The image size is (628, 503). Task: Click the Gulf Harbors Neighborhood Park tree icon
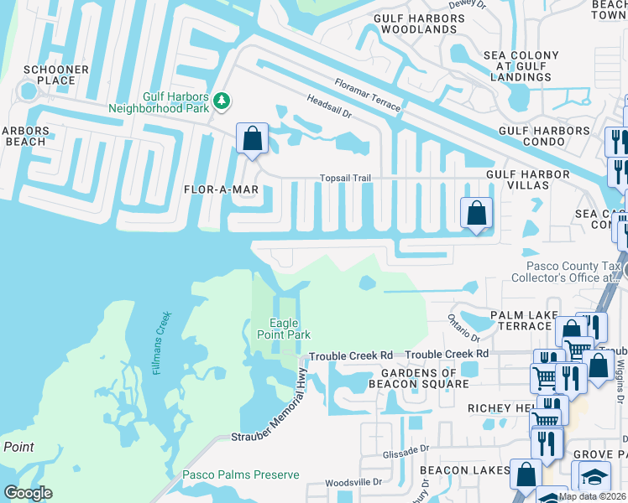coord(222,101)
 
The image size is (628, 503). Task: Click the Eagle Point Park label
coord(284,329)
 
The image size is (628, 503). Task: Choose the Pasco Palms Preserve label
coord(241,474)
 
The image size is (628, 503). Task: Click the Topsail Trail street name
coord(345,179)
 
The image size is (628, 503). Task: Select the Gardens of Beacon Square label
coord(419,378)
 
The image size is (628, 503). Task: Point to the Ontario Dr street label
coord(463,326)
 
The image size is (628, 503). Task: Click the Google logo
coord(28,493)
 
